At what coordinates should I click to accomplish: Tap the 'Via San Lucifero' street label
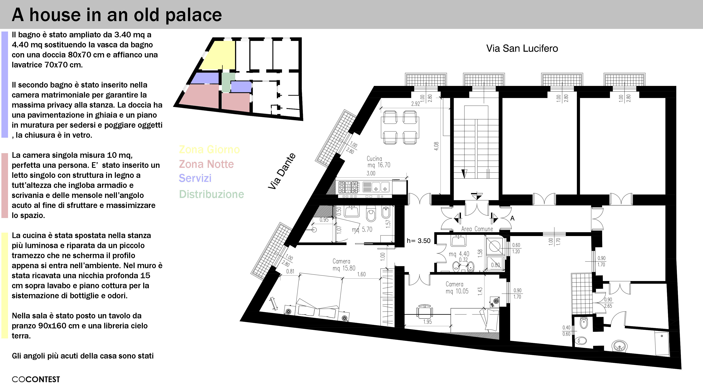click(522, 49)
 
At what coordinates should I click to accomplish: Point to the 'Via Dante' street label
click(282, 171)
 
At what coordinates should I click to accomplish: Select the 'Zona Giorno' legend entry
click(209, 149)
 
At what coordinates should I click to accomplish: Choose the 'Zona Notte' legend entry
click(206, 164)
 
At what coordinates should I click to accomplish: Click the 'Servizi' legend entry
click(195, 178)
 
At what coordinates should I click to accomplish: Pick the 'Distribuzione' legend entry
click(211, 194)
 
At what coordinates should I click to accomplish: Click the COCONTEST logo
click(36, 379)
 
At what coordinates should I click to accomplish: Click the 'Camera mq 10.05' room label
click(457, 288)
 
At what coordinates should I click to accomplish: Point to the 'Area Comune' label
click(477, 229)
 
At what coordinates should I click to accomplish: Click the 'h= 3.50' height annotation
click(418, 241)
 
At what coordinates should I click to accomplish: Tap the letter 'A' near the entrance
click(512, 218)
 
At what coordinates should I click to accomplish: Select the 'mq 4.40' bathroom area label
click(459, 254)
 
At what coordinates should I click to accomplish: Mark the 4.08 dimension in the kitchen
click(436, 146)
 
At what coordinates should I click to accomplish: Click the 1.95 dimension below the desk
click(427, 322)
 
